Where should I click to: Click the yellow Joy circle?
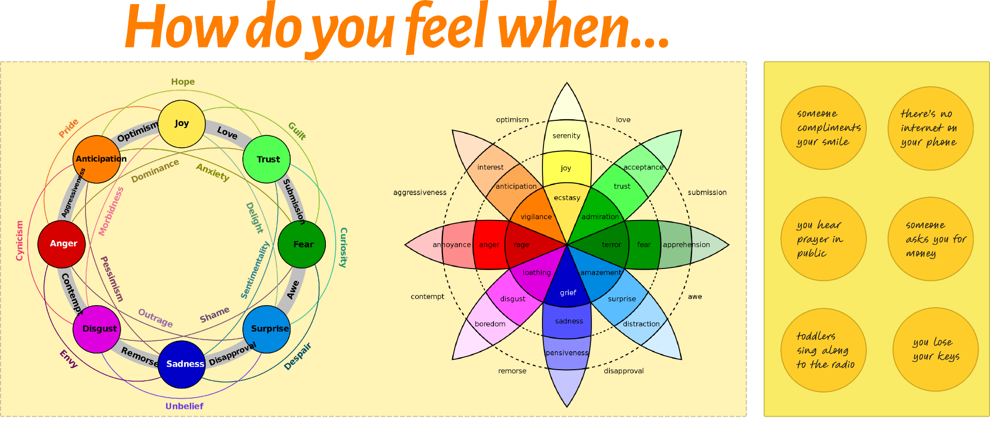tap(181, 124)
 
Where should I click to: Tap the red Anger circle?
tap(61, 244)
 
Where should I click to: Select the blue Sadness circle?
tap(181, 364)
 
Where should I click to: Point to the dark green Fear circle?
tap(302, 244)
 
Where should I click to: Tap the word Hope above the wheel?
tap(183, 82)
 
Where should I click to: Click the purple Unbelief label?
tap(184, 406)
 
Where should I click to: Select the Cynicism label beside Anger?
tap(20, 241)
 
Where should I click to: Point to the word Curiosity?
tap(343, 247)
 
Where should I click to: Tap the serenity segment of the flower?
tap(566, 135)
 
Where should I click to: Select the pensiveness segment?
tap(567, 353)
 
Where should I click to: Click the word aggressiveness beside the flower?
tap(420, 193)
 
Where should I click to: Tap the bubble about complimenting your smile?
tap(823, 128)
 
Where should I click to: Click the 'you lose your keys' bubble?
tap(935, 350)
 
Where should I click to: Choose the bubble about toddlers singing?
tap(823, 350)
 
